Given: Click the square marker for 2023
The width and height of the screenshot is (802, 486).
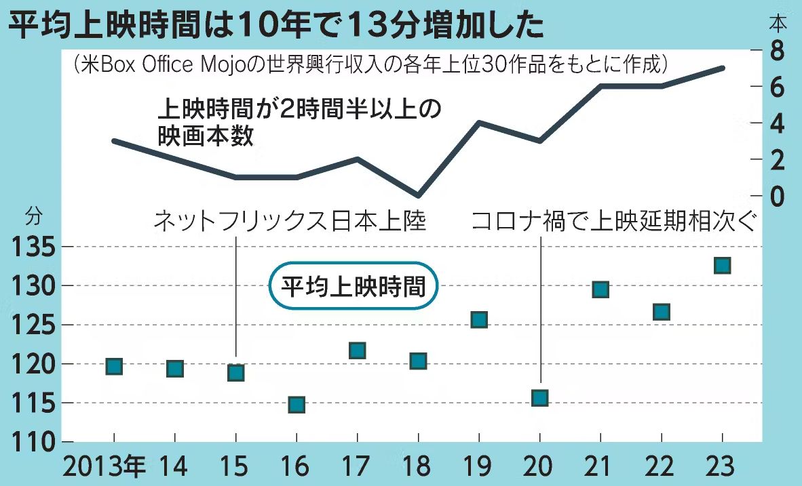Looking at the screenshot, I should point(722,265).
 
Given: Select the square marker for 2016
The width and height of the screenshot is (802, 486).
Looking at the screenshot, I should point(297,405).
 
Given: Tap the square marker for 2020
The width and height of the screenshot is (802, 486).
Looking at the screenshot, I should point(539,398).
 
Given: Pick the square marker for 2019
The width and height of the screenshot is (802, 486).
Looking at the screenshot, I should point(479,320).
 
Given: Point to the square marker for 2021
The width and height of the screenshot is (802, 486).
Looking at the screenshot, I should point(600,290).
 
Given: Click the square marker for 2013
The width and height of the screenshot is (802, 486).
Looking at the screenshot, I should point(114,367).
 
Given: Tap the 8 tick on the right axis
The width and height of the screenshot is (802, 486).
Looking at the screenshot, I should point(776,50).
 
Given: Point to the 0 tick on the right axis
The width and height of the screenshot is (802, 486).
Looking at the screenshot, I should point(776,196).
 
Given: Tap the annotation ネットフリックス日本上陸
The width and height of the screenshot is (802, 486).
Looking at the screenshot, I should point(290,221).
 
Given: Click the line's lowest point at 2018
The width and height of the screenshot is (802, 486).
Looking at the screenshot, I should point(419,195).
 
